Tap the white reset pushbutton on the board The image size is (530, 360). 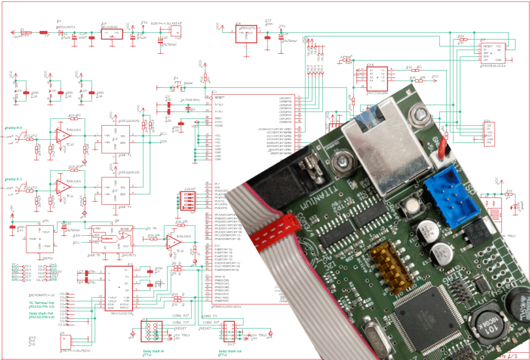pos(413,205)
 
